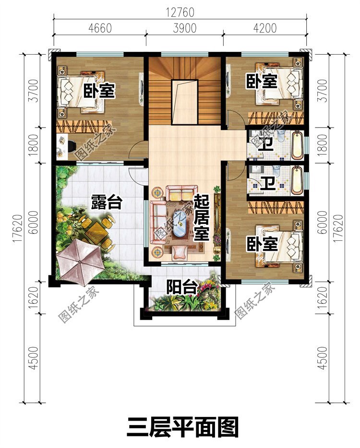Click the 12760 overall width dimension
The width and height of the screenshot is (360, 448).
[180, 12]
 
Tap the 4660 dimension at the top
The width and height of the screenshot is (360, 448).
[100, 28]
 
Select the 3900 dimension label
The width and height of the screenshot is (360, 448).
[185, 28]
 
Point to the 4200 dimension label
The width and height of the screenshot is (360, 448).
[265, 28]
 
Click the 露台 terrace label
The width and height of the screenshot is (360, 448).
[107, 202]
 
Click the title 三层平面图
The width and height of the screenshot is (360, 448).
[182, 427]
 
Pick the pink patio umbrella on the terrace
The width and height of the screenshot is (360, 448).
[80, 262]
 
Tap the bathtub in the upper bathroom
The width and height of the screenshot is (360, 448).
[298, 145]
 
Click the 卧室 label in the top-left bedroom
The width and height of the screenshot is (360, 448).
[99, 91]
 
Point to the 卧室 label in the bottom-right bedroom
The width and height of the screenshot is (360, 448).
[262, 244]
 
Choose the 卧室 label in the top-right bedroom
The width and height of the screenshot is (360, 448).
[262, 82]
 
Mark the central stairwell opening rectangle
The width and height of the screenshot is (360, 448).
[185, 102]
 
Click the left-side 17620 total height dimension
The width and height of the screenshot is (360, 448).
[17, 228]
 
